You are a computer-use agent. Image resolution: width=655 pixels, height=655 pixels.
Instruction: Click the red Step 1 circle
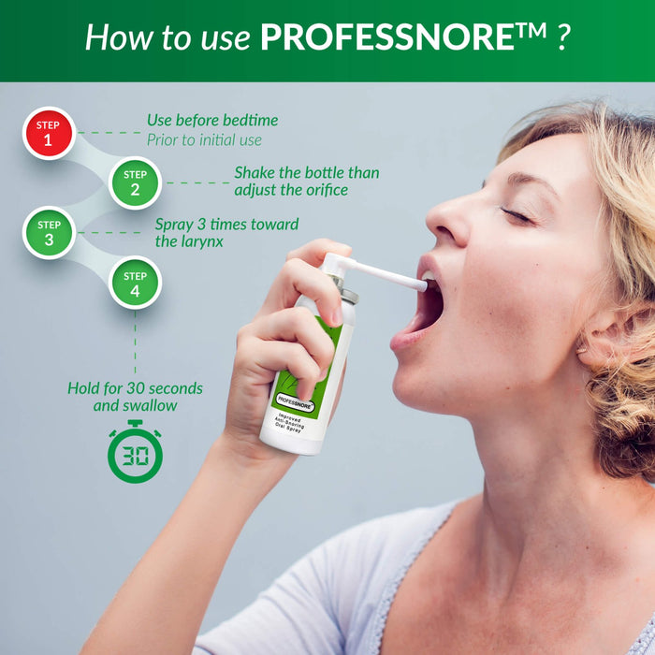(48, 134)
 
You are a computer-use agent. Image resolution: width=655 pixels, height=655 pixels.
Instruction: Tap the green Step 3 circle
(49, 233)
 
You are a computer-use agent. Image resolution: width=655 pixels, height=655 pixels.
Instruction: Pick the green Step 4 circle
(135, 284)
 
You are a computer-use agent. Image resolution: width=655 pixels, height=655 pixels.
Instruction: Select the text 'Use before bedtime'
(212, 121)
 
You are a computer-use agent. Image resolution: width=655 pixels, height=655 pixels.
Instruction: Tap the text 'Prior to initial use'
(204, 140)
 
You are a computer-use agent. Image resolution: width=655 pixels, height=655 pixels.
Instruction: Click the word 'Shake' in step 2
(255, 173)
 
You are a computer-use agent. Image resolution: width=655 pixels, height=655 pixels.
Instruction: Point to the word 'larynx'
(208, 241)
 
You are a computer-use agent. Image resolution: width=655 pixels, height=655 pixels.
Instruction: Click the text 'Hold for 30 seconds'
(135, 387)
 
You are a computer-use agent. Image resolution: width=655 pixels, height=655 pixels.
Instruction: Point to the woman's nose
(448, 225)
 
